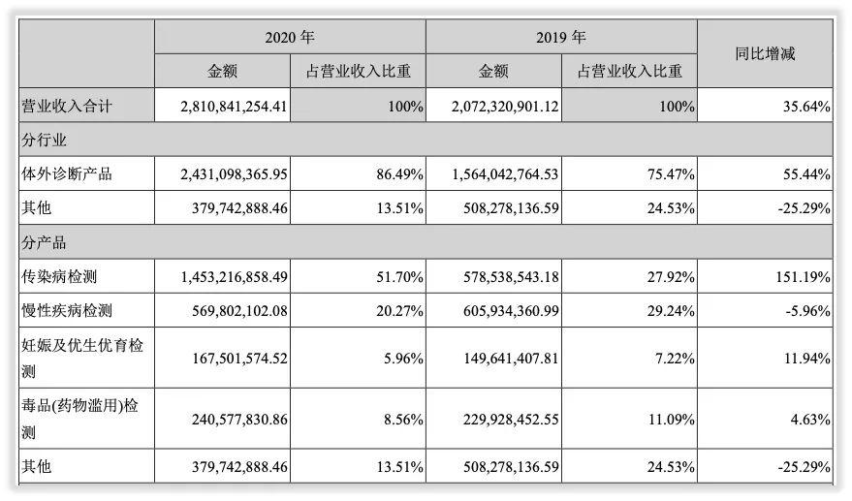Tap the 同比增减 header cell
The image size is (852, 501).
pos(765,54)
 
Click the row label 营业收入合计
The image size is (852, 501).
pos(67,107)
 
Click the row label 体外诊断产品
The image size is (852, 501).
pos(67,174)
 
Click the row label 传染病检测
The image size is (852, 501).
pos(60,277)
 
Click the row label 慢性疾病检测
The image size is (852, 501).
pos(67,311)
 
